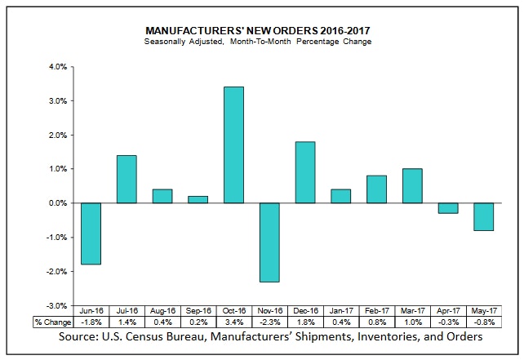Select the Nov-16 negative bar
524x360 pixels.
[x=270, y=242]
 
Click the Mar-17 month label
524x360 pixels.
[x=412, y=311]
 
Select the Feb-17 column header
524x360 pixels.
[x=376, y=311]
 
